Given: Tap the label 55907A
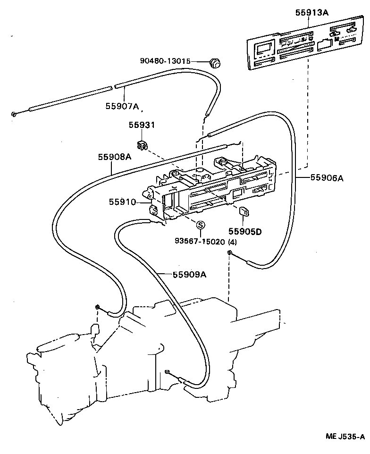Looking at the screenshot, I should coord(122,107).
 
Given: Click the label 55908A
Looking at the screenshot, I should coord(114,157).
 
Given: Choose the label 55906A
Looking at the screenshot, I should coord(327,178).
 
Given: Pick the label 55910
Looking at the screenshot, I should coord(122,202).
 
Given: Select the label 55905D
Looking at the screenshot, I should coord(245,231).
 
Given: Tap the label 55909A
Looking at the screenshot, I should coord(189,275).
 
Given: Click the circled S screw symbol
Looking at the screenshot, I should coord(200,225).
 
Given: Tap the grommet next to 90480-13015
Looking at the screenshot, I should coord(215,62).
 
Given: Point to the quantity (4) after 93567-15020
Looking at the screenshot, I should coord(232,242).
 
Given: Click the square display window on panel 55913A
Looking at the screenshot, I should coord(262,49).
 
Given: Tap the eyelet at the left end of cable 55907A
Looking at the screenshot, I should coord(15,114).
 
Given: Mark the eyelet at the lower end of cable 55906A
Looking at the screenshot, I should coord(228,254).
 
